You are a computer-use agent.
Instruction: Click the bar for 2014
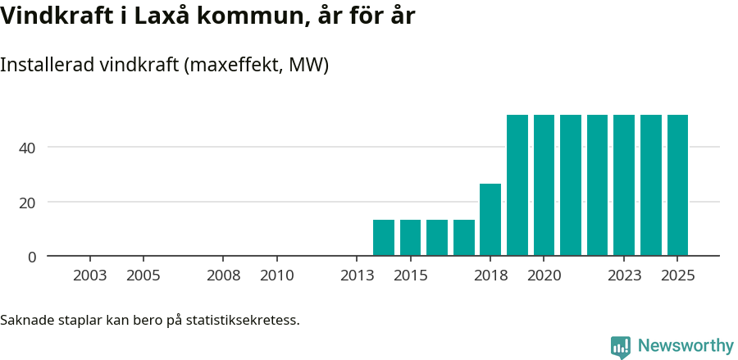coord(384,238)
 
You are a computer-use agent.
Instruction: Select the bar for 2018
coord(490,220)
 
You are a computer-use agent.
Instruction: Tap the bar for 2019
coord(517,185)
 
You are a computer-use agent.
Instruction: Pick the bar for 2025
coord(677,185)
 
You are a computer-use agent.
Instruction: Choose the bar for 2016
coord(437,238)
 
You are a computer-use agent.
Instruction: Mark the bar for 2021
coord(571,185)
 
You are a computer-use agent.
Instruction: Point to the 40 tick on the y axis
coord(28,148)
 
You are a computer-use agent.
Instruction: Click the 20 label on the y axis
coord(28,203)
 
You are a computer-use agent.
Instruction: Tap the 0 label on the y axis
coord(32,257)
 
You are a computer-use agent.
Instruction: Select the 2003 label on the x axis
coord(89,276)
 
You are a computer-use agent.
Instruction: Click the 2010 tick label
coord(277,276)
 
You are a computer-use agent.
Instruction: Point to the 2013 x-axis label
coord(357,276)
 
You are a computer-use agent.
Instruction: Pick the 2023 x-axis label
coord(624,276)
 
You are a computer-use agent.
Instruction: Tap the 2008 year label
coord(223,276)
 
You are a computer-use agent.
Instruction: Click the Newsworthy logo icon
coord(621,347)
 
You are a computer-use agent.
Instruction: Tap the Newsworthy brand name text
coord(686,346)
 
